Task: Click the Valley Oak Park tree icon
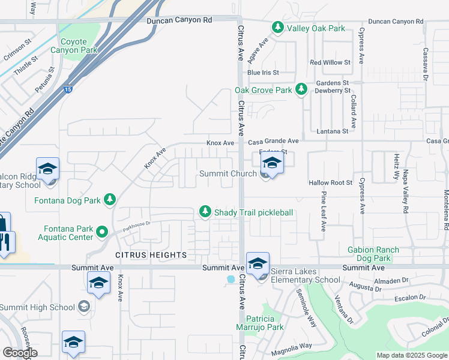[277, 28]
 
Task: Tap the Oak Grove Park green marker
[301, 90]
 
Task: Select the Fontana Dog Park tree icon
[109, 200]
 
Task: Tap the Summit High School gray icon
[84, 307]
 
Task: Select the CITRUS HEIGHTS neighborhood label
[151, 255]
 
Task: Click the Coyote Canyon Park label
[79, 46]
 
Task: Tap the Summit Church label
[228, 174]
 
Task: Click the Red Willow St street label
[330, 62]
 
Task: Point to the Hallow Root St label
[330, 182]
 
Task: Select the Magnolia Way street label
[291, 346]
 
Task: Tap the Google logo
[20, 353]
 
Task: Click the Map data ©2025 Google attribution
[412, 355]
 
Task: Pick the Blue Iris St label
[263, 73]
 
